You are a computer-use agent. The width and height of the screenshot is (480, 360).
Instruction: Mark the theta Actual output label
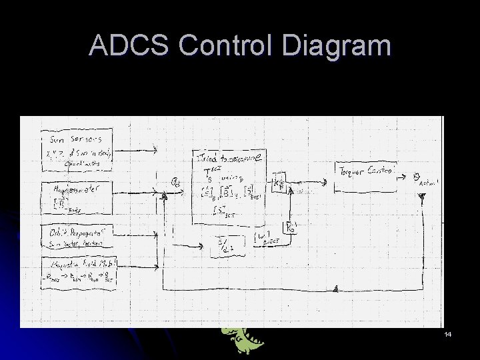point(424,179)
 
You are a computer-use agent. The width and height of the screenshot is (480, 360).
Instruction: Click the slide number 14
point(448,333)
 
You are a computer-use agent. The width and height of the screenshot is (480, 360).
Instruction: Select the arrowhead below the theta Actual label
point(421,197)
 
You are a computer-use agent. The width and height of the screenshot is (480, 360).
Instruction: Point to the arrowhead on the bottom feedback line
point(335,289)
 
